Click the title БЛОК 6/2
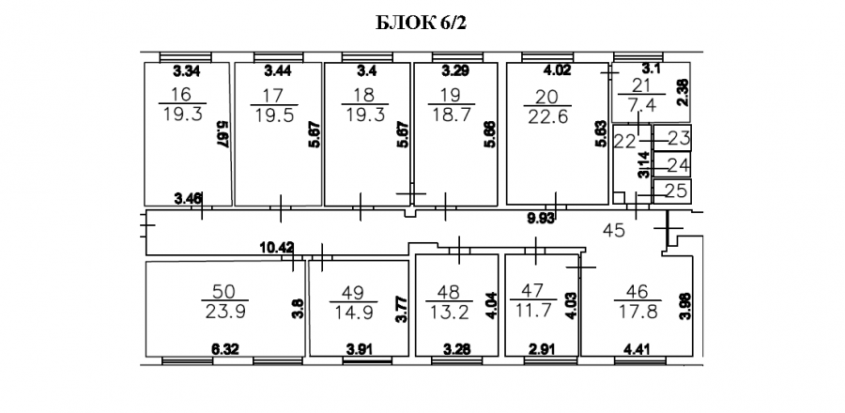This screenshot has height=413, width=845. [420, 23]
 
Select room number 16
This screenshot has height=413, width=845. [180, 94]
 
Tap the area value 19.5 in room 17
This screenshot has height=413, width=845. [274, 115]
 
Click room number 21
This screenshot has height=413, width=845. [641, 85]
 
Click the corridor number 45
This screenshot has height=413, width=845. [613, 231]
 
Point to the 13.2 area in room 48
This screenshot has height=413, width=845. [450, 313]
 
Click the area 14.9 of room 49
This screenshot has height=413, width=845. [353, 313]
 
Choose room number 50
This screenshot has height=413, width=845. [225, 292]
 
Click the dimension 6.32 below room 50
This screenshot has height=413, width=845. [223, 350]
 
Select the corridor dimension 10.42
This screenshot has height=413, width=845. [277, 247]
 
